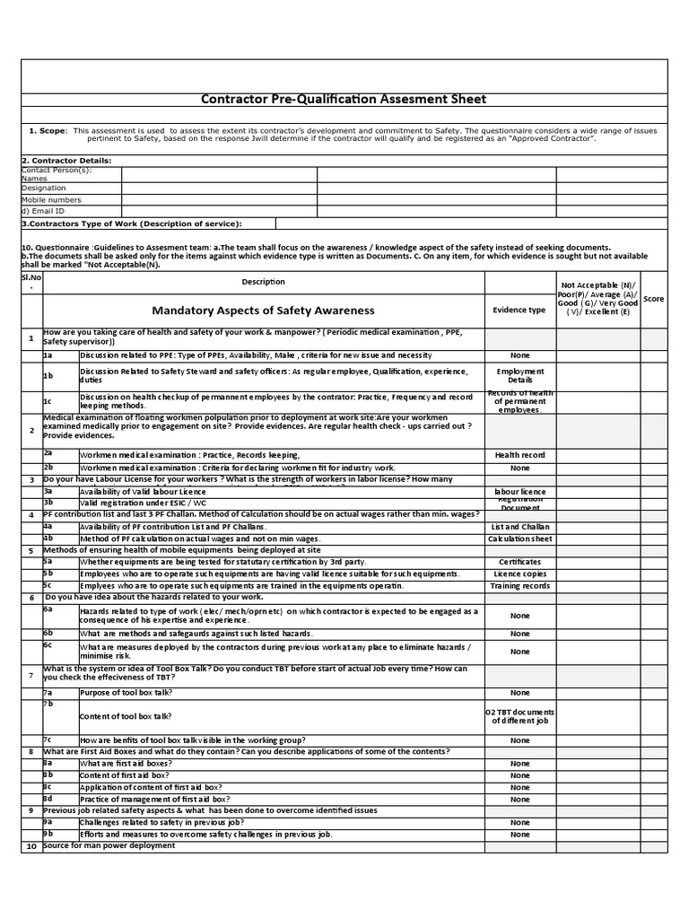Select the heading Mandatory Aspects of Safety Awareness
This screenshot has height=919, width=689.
pyautogui.click(x=263, y=311)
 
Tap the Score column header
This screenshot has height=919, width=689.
pyautogui.click(x=653, y=298)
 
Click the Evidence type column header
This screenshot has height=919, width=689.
pyautogui.click(x=519, y=311)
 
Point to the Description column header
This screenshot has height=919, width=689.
pyautogui.click(x=263, y=282)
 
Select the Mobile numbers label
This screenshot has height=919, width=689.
pyautogui.click(x=51, y=200)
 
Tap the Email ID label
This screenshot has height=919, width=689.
pyautogui.click(x=45, y=211)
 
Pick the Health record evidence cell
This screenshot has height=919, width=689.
pyautogui.click(x=519, y=455)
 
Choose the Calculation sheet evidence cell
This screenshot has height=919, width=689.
pyautogui.click(x=519, y=538)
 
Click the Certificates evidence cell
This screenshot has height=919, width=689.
pyautogui.click(x=519, y=562)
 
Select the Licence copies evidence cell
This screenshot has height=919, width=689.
pyautogui.click(x=519, y=573)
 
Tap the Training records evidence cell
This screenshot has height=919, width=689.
pyautogui.click(x=519, y=585)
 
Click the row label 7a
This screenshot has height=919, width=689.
pyautogui.click(x=49, y=693)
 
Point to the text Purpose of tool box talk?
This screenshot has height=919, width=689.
pyautogui.click(x=126, y=693)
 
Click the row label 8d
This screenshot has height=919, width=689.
pyautogui.click(x=49, y=799)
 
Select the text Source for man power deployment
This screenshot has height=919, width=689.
pyautogui.click(x=109, y=845)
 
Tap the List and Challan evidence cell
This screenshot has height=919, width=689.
pyautogui.click(x=519, y=527)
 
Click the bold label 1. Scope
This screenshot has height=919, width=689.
pyautogui.click(x=47, y=131)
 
